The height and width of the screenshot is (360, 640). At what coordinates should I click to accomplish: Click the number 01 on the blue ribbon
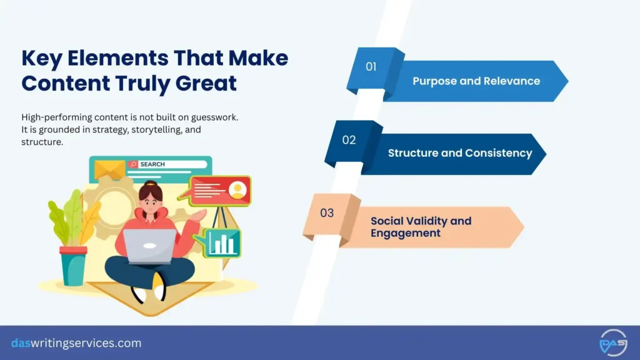coord(371,67)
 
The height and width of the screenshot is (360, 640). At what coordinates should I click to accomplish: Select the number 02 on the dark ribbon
coord(349,140)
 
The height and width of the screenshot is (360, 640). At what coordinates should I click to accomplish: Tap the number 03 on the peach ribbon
coord(327,213)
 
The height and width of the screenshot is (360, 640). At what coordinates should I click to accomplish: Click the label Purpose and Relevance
coord(476,81)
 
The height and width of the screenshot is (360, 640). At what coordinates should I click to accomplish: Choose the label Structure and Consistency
coord(460,153)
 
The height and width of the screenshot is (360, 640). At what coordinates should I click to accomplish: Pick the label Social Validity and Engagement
coord(421,227)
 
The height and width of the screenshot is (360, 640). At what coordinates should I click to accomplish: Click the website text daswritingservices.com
coord(76,343)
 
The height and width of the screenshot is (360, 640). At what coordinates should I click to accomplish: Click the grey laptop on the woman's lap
coord(149,244)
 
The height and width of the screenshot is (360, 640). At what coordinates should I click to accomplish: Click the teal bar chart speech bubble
coord(222,242)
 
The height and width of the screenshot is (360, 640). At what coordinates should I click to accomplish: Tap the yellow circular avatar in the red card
coord(237,190)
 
